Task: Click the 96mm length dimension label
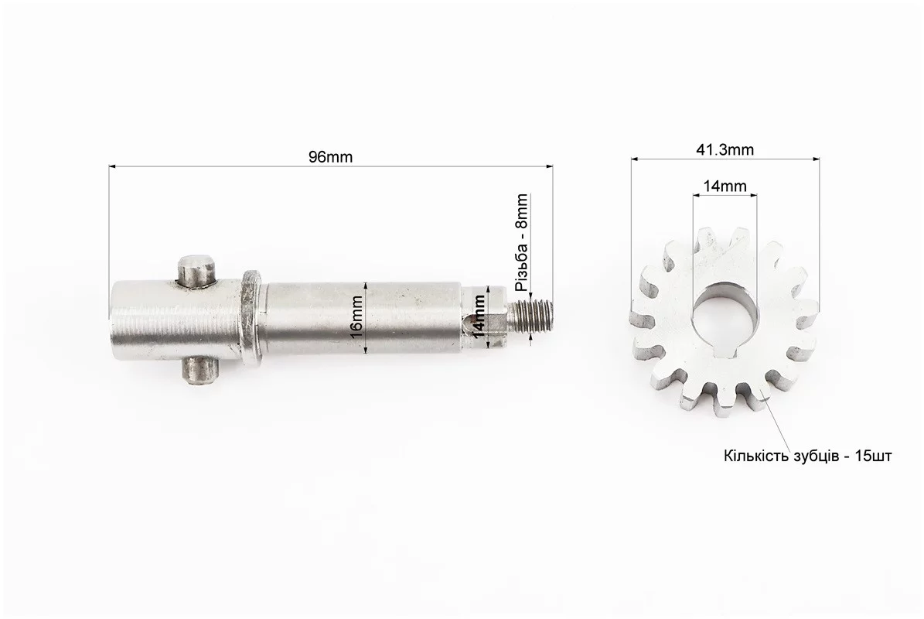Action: (x=331, y=157)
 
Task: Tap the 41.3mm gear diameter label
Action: (x=725, y=150)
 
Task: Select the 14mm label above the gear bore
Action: (x=725, y=186)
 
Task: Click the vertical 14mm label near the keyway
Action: (x=479, y=316)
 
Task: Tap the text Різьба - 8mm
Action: (x=521, y=243)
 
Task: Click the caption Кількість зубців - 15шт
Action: (x=807, y=457)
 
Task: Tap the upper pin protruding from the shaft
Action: (x=197, y=271)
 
